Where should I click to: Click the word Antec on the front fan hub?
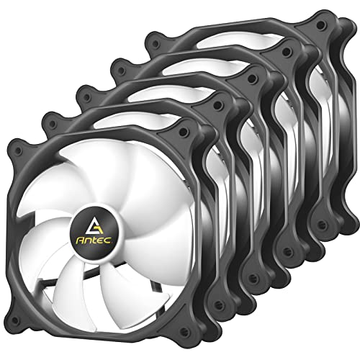coord(94,240)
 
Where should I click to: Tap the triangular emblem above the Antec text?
coord(94,227)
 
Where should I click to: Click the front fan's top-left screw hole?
coord(18,150)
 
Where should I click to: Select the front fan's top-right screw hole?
coord(184,131)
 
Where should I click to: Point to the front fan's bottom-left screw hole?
coord(15,320)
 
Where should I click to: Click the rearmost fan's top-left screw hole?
coord(156,44)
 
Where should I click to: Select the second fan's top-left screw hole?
coord(53,124)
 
